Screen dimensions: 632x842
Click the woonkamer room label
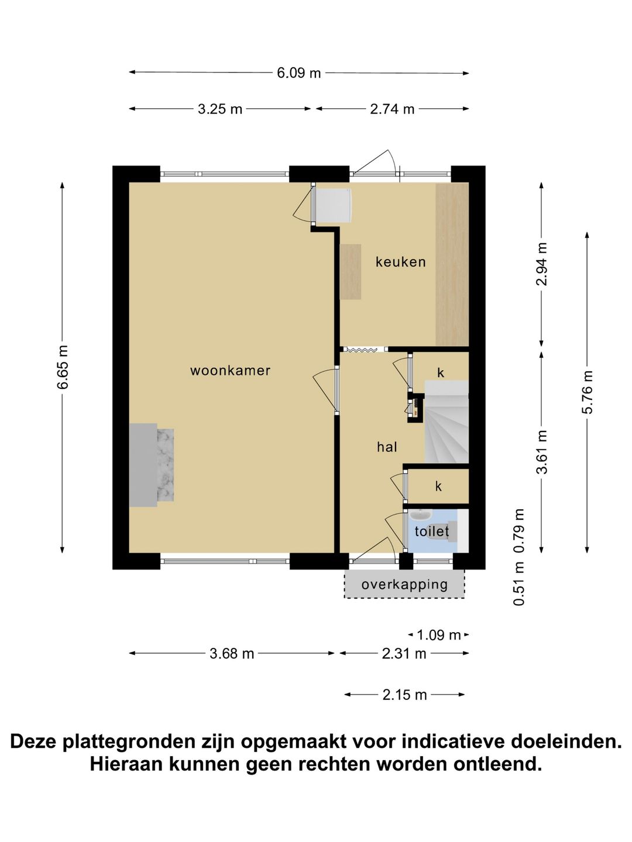[x=230, y=371]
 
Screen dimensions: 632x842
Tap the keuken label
[x=401, y=262]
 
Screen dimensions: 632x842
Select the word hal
[x=387, y=447]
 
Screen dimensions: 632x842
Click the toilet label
[x=432, y=532]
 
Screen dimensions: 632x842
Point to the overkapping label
[x=404, y=585]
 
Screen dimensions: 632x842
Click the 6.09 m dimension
[x=299, y=73]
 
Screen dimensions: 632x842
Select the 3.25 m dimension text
[x=220, y=109]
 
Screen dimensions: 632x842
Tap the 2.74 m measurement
[x=392, y=109]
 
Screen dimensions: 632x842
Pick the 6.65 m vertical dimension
[x=63, y=367]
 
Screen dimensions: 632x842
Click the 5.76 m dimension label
[x=587, y=392]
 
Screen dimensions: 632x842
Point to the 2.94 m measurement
[x=542, y=264]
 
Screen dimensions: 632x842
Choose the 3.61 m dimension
[x=542, y=452]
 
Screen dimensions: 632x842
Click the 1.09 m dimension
[x=439, y=635]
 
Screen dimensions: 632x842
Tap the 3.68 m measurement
[x=232, y=653]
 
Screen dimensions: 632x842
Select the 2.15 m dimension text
[x=404, y=695]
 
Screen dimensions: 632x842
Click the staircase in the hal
[x=446, y=422]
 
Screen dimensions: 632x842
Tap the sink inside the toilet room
[x=421, y=514]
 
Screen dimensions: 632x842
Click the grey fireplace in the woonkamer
[x=152, y=465]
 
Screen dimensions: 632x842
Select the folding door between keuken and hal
[x=364, y=350]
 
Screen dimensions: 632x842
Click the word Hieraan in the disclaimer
[x=126, y=764]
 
